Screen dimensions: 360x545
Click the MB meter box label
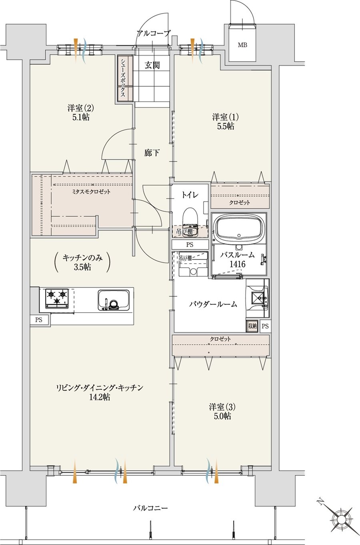242,45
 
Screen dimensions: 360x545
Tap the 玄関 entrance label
152,65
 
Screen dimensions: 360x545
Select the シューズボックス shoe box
125,78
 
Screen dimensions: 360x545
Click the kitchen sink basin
113,300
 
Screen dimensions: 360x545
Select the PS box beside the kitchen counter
39,320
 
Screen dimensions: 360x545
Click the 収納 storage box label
252,326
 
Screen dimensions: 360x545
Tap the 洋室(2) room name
81,108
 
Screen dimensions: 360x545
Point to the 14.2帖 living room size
100,397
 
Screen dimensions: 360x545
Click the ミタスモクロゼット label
91,192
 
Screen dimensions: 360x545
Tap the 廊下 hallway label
152,153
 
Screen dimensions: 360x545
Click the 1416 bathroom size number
237,264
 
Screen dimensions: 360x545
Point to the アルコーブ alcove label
153,33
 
